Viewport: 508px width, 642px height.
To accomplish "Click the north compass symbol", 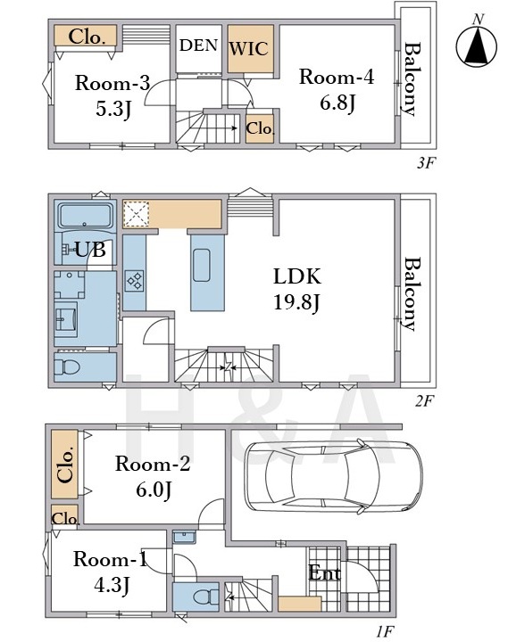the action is (476, 45).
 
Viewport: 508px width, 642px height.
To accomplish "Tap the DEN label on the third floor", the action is (198, 45).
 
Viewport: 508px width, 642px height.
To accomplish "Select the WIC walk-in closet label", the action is (249, 49).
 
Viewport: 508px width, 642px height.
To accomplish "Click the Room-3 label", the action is (112, 83).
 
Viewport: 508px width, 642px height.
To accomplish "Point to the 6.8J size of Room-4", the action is (337, 103).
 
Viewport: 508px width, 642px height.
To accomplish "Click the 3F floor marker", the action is (425, 163).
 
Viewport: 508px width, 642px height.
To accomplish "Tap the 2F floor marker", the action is (424, 401).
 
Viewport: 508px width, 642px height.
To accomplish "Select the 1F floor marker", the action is (385, 632).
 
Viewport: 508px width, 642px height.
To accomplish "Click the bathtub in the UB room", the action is (85, 216).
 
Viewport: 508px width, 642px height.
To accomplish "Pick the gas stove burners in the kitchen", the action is (135, 281).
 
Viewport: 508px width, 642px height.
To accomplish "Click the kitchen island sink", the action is (201, 265).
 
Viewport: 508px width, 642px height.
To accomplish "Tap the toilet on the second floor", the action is (67, 366).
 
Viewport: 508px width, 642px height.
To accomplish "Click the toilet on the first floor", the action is (206, 597).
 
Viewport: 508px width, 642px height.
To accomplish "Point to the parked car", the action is (333, 476).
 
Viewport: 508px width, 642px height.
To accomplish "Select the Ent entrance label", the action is (324, 572).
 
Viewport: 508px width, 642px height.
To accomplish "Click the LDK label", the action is (297, 276).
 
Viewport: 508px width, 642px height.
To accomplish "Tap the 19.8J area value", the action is (296, 303).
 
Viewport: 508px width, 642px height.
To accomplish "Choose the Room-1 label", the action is (110, 559).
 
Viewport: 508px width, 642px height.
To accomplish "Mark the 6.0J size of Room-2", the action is (154, 490).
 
